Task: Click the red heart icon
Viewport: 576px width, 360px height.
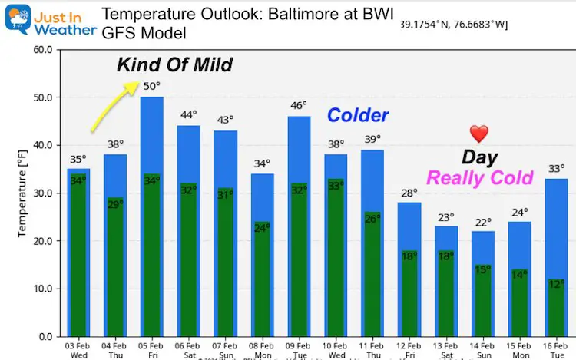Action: (x=478, y=134)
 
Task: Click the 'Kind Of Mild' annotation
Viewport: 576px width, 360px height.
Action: (x=174, y=64)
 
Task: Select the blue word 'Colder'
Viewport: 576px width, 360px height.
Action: (x=358, y=115)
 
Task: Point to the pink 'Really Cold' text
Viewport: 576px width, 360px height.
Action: (x=479, y=178)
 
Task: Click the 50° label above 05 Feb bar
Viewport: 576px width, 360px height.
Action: (x=151, y=86)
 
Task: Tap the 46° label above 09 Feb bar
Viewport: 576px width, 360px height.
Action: (x=299, y=105)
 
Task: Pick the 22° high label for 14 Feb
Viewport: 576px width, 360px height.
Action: (x=483, y=222)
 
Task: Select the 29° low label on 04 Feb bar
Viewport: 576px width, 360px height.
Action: (x=114, y=204)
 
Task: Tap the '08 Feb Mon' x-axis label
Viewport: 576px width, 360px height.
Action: (x=262, y=350)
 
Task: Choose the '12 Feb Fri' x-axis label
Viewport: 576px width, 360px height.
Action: (x=409, y=350)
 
